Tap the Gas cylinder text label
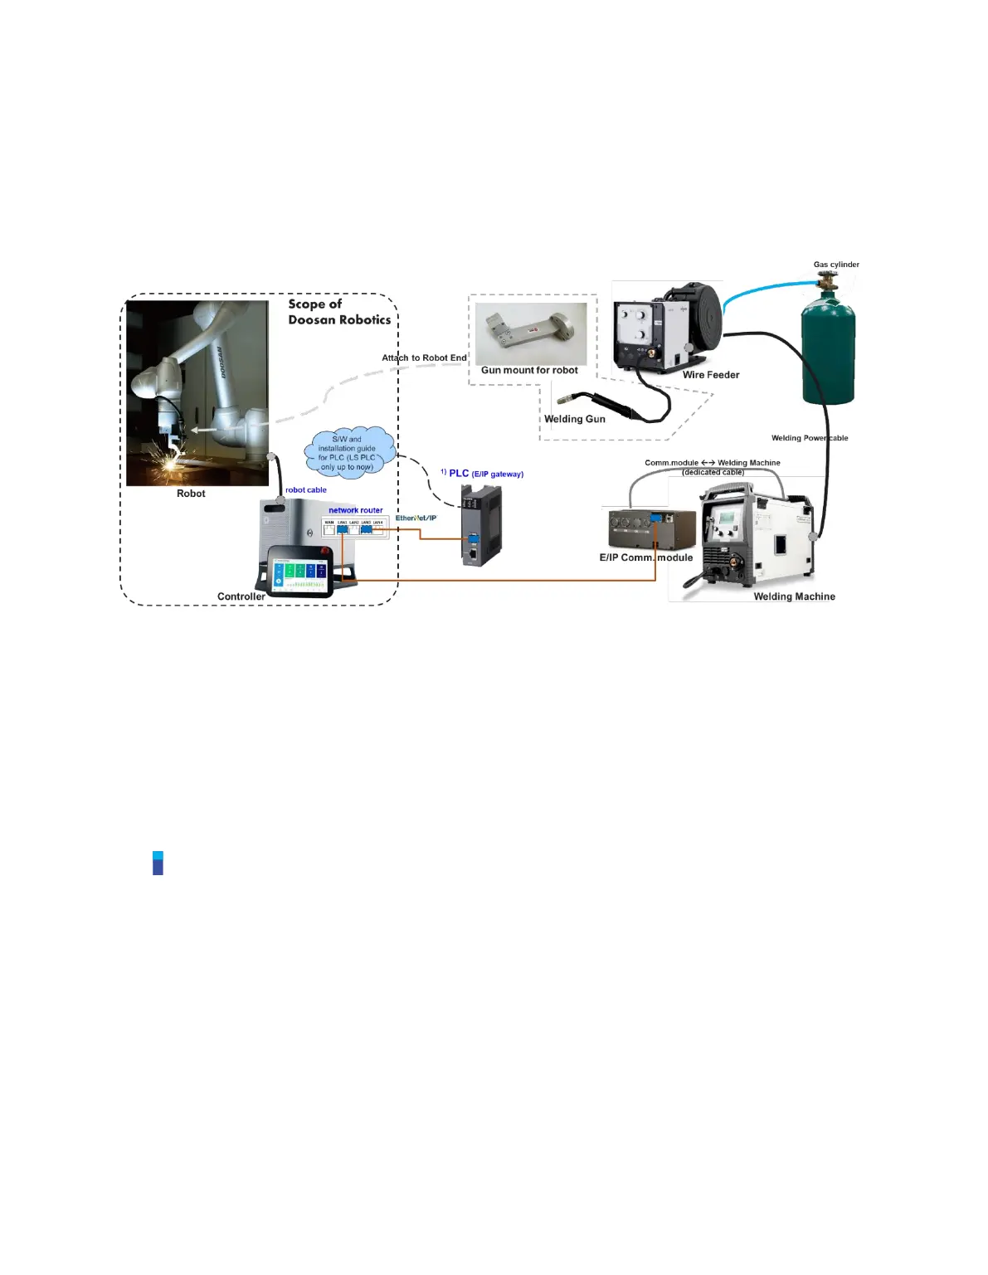835,265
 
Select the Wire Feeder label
710,375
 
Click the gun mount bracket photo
531,332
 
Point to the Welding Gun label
574,419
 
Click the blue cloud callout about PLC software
351,452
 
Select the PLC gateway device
481,525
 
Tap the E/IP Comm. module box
651,530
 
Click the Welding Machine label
794,596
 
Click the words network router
355,510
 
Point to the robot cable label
306,490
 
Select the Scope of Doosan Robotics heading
338,312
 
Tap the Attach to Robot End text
424,358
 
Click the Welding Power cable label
809,438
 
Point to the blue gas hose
763,287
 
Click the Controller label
241,596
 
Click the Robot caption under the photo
191,494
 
